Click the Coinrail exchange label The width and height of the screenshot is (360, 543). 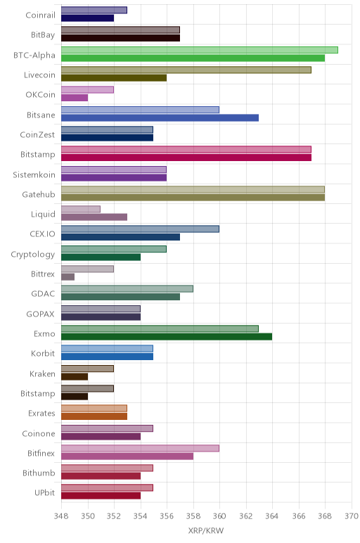(40, 15)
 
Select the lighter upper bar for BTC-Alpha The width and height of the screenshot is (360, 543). (200, 50)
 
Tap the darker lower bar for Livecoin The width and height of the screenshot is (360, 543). (114, 78)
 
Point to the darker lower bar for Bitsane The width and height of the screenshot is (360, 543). (160, 117)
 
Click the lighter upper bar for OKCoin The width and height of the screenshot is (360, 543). (88, 90)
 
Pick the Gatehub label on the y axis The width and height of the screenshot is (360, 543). (39, 194)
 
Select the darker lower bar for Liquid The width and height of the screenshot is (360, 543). (94, 217)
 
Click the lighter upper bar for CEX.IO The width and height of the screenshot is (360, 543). (140, 229)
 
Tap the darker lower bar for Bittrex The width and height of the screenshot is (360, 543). (67, 276)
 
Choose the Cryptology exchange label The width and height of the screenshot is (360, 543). (33, 254)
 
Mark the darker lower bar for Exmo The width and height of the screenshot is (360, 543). (167, 337)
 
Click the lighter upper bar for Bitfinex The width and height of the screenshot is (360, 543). (140, 448)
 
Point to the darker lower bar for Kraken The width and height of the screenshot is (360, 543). (75, 376)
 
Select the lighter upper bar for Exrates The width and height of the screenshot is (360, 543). (94, 408)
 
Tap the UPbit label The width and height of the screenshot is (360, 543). (45, 493)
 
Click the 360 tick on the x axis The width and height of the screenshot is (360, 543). (219, 516)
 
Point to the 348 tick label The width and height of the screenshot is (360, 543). (61, 516)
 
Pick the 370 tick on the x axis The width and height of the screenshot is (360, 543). (352, 516)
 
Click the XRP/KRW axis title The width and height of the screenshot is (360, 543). (206, 530)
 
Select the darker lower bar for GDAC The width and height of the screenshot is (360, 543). (120, 297)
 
